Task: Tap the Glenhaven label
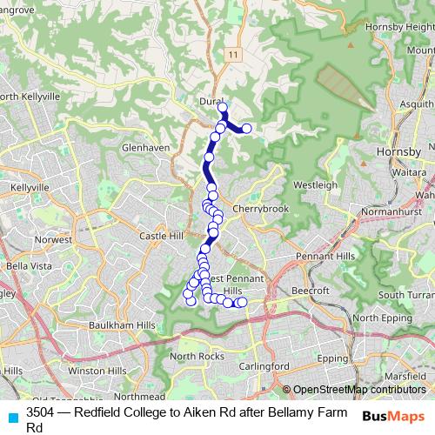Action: (x=147, y=148)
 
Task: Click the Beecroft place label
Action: (x=309, y=290)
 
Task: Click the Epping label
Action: (x=332, y=358)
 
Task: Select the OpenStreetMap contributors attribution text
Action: (x=358, y=390)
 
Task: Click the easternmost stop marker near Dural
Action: (x=246, y=129)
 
